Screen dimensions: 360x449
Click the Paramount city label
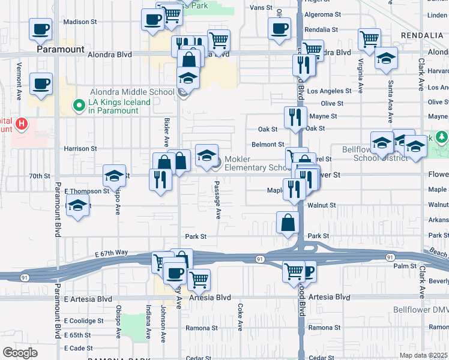click(x=59, y=49)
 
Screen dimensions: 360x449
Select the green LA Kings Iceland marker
click(x=78, y=106)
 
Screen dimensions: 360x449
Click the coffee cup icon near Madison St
click(x=40, y=29)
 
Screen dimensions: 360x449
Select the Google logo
click(x=20, y=352)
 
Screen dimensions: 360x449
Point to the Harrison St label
click(x=81, y=148)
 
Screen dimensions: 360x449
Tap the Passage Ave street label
click(x=218, y=202)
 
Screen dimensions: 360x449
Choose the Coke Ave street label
click(x=240, y=317)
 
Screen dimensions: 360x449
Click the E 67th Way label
click(x=112, y=254)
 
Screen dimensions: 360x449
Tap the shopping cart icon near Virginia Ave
click(x=369, y=39)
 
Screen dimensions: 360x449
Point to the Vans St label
click(x=261, y=8)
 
